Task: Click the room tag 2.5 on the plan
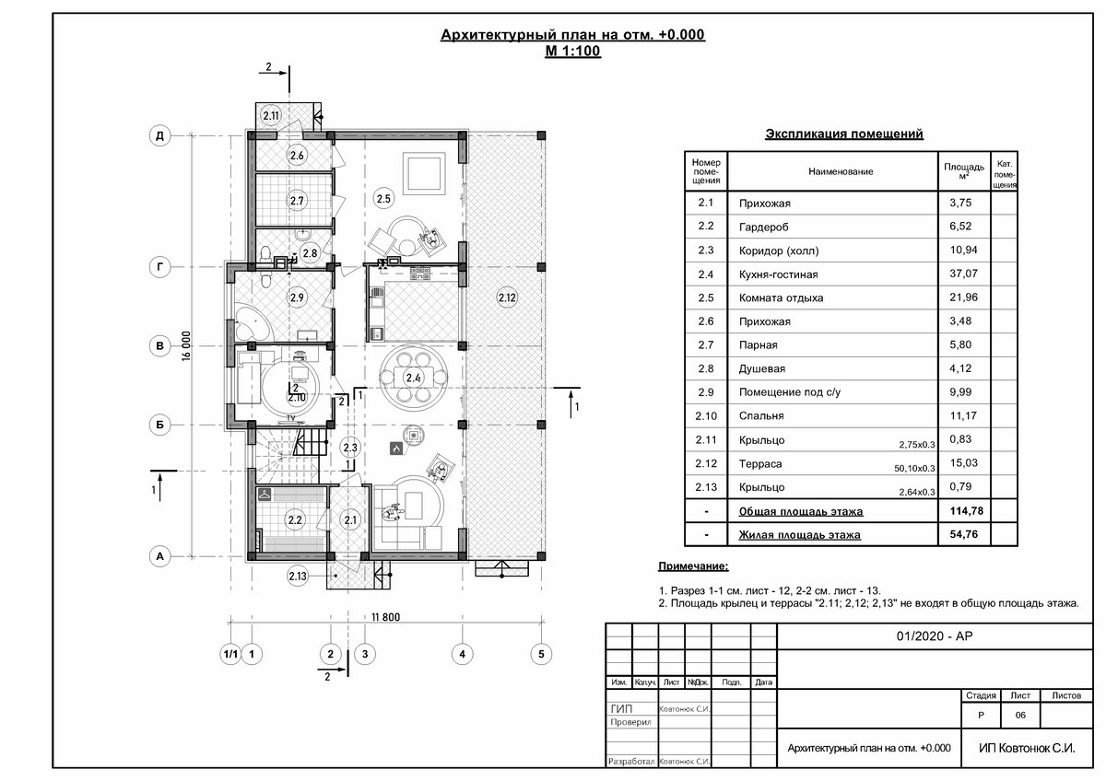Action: pos(383,198)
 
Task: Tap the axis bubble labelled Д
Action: pos(160,135)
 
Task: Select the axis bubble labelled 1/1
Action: pos(230,654)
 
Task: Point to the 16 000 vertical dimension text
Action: pos(186,346)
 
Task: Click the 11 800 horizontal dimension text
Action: pos(385,617)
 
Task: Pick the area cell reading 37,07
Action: pos(963,274)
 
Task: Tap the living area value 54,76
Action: pos(963,534)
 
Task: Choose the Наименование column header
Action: pos(841,171)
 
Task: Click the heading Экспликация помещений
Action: pos(844,134)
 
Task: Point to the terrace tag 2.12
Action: pos(507,298)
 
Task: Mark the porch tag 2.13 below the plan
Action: pos(298,576)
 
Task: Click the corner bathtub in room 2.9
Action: pos(252,323)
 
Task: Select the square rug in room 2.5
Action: pos(425,174)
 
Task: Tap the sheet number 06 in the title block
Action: pos(1020,715)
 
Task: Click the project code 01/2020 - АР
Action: pos(935,636)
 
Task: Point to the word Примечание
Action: pos(693,566)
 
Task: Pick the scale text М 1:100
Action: pos(572,51)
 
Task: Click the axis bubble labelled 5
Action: pos(541,654)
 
